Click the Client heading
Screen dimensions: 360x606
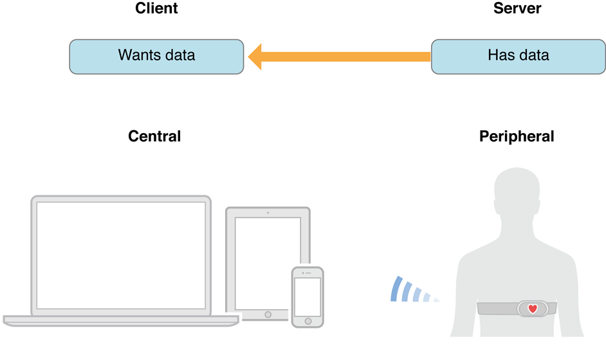pyautogui.click(x=156, y=8)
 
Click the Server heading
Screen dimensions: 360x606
pyautogui.click(x=517, y=8)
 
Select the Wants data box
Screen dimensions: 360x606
pyautogui.click(x=156, y=56)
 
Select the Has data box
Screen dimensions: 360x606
pyautogui.click(x=518, y=56)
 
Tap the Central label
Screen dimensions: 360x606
pyautogui.click(x=154, y=136)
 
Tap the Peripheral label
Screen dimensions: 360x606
pyautogui.click(x=517, y=136)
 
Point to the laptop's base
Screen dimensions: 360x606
pyautogui.click(x=121, y=319)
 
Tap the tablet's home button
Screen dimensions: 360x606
pyautogui.click(x=268, y=315)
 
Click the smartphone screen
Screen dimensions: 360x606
pyautogui.click(x=307, y=296)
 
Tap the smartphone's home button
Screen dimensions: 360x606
pyautogui.click(x=308, y=321)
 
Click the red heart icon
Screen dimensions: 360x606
pyautogui.click(x=533, y=309)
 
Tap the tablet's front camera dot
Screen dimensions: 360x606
pyautogui.click(x=268, y=212)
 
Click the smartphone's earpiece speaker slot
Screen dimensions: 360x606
pyautogui.click(x=308, y=273)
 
